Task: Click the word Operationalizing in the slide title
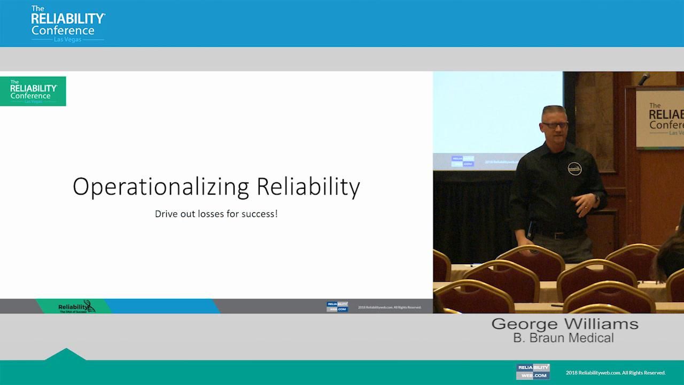tap(160, 187)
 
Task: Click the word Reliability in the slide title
tap(308, 187)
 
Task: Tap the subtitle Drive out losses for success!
tap(216, 214)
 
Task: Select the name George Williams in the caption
tap(564, 324)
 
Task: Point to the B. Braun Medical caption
tap(563, 338)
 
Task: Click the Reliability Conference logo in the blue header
tap(67, 24)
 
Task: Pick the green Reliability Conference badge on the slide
tap(33, 91)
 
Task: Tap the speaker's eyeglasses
tap(554, 125)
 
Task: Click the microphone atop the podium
tap(644, 79)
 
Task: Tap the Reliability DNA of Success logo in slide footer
tap(75, 307)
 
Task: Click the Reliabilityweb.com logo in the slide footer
tap(337, 307)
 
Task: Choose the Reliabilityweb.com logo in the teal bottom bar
tap(533, 372)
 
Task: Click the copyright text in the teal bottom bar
tap(616, 373)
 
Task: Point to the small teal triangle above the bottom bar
tap(65, 355)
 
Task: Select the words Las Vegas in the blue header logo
tap(67, 40)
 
